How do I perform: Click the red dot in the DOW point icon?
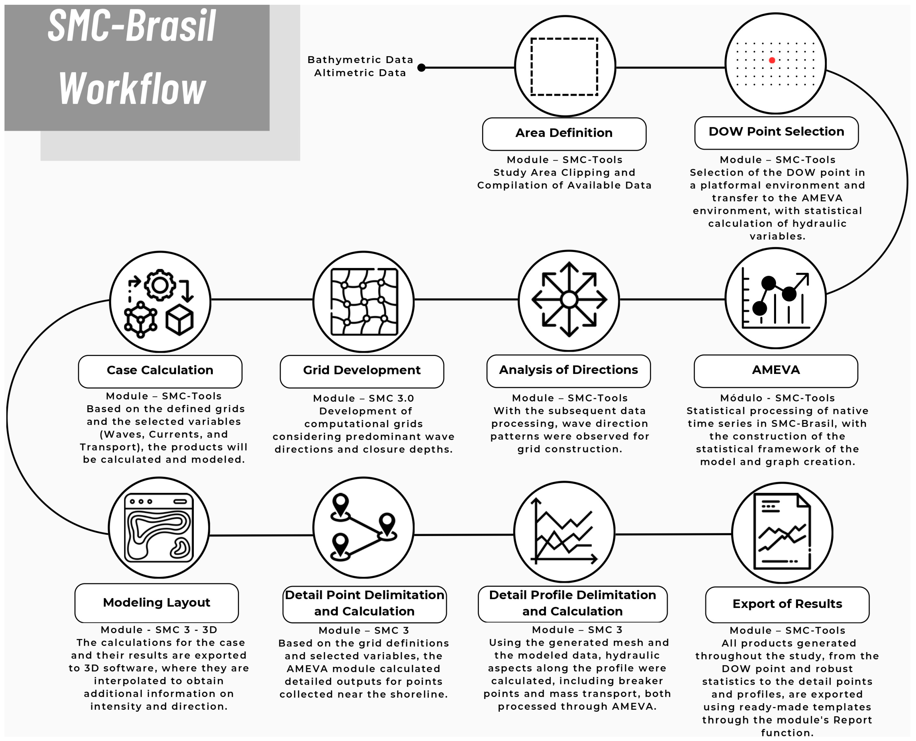[772, 60]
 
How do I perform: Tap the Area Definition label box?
[564, 134]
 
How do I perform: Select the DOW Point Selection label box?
[776, 132]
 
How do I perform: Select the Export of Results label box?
[787, 605]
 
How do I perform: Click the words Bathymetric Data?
[360, 60]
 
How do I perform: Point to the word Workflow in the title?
[132, 89]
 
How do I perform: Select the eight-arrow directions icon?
[569, 300]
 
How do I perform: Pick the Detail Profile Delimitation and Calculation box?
[572, 604]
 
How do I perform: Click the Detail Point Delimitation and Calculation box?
[364, 604]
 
